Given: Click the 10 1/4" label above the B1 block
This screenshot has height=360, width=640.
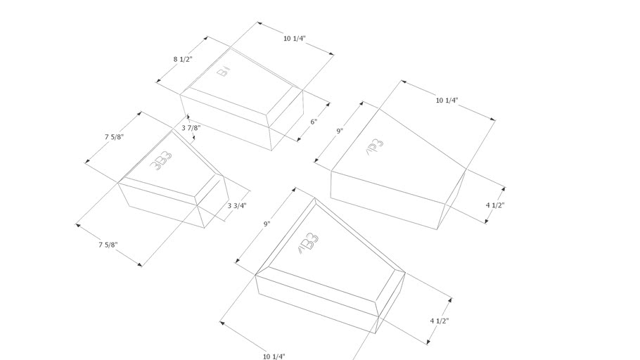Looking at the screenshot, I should pos(295,39).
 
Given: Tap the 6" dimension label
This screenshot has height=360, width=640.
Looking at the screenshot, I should pos(314,122).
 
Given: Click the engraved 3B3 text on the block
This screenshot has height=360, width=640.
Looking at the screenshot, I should pos(162,160).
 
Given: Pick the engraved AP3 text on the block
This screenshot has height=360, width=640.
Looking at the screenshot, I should pos(375,150).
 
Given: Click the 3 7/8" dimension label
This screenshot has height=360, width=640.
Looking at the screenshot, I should pos(191,128).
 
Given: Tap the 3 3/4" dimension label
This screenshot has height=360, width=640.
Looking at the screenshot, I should pos(238,206).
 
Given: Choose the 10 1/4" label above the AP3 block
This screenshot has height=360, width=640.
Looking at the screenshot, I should pos(447,101).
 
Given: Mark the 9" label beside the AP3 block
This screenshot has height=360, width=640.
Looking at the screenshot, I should pos(339,131).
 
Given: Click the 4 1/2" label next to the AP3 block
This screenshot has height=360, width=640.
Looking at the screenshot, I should pos(495,205).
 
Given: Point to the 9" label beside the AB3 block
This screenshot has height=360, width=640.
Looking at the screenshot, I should pos(267,224).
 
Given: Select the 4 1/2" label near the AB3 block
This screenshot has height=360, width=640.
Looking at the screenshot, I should pos(440,321).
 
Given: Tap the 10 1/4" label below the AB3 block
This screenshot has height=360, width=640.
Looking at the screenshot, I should pos(274,356).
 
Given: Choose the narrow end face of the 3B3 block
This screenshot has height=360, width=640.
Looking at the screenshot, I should pos(215,202).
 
